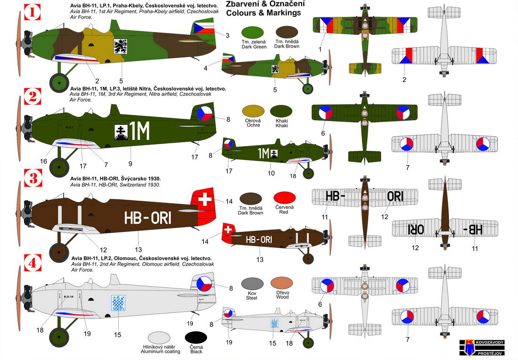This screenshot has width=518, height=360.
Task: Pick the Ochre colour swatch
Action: (x=252, y=112)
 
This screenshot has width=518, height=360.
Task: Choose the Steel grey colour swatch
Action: (x=252, y=284)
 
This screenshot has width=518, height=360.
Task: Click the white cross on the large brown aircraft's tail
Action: (x=205, y=199)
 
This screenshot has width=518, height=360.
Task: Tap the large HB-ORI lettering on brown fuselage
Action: (x=147, y=218)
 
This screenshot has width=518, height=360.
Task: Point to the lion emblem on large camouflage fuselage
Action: (x=120, y=46)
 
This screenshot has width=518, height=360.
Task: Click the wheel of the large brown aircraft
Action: (x=59, y=252)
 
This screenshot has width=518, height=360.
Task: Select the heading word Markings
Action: (x=285, y=13)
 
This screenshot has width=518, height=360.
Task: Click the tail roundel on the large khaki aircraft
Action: (x=205, y=114)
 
